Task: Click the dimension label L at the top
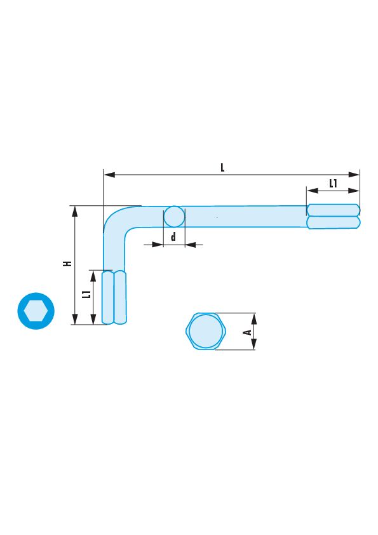(222, 168)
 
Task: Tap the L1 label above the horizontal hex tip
(333, 184)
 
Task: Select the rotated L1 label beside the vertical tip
(87, 294)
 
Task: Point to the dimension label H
(67, 264)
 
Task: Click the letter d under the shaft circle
(173, 236)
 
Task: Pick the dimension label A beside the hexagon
(248, 332)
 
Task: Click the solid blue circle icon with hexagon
(36, 311)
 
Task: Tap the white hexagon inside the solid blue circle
(36, 311)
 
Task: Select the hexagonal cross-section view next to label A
(206, 331)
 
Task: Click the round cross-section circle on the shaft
(174, 217)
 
